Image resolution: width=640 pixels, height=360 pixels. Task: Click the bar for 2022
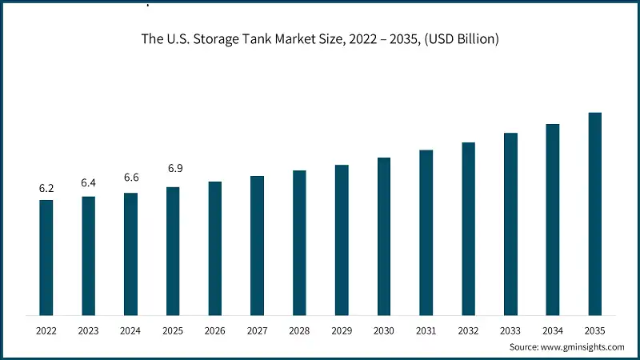click(x=46, y=257)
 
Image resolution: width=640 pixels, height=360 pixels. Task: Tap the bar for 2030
click(x=384, y=235)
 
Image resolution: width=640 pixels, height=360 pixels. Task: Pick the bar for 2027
click(x=257, y=245)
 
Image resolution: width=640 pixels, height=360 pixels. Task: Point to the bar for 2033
click(x=510, y=223)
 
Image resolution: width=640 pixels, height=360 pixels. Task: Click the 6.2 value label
click(x=46, y=189)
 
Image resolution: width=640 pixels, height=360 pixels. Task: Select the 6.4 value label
click(x=88, y=183)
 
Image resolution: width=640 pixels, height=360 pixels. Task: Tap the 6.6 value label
click(x=130, y=178)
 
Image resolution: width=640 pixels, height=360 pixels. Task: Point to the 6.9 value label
click(x=173, y=169)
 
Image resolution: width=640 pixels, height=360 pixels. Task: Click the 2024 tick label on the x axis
click(x=130, y=330)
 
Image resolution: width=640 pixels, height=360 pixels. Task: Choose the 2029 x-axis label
click(x=342, y=330)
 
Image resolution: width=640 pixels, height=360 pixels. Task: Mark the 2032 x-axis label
click(x=468, y=330)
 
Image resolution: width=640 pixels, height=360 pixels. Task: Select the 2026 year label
click(x=215, y=330)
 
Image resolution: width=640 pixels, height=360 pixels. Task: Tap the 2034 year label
click(x=553, y=330)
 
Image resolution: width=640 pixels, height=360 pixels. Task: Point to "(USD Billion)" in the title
click(x=458, y=40)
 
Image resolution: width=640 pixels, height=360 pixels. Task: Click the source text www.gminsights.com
click(x=583, y=347)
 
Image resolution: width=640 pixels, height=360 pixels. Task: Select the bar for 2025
click(x=173, y=250)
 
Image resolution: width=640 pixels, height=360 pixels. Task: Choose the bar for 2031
click(x=426, y=232)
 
